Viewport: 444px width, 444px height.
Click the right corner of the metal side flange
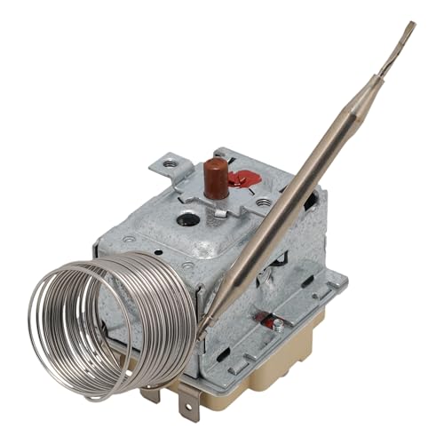(341, 282)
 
